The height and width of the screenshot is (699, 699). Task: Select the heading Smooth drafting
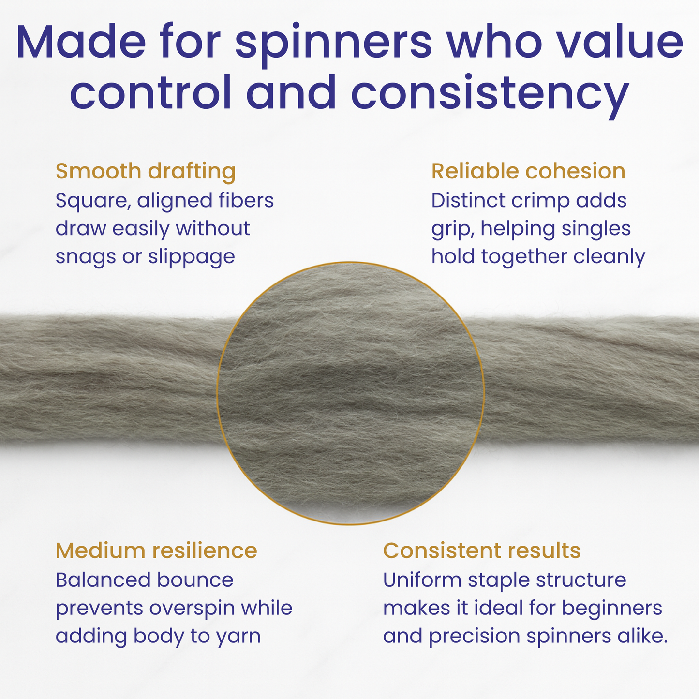(146, 171)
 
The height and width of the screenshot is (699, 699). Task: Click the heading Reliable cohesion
(528, 171)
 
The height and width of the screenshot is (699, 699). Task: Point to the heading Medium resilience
(156, 550)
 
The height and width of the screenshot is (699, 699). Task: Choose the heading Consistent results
(481, 550)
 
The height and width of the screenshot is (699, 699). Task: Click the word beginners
(611, 608)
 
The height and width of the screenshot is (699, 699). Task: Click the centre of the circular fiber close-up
(350, 393)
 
